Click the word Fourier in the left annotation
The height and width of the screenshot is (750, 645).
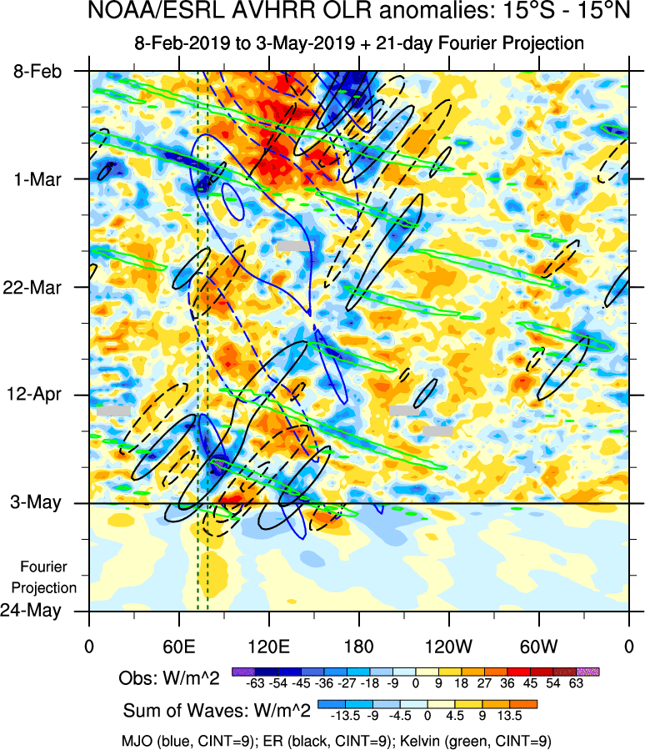42,566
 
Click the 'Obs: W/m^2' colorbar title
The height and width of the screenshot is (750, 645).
169,678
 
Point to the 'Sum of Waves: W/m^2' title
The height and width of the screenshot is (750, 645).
217,712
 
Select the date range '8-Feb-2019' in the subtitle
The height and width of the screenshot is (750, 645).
178,43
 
